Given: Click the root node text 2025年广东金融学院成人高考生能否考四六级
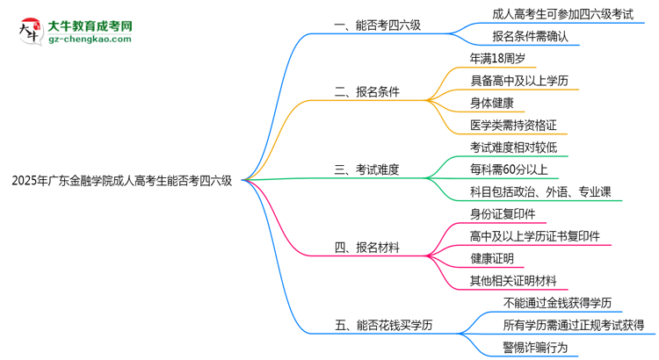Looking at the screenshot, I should point(122,181).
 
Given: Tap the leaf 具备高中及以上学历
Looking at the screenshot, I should point(519,81).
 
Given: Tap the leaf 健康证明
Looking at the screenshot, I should point(492,258).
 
